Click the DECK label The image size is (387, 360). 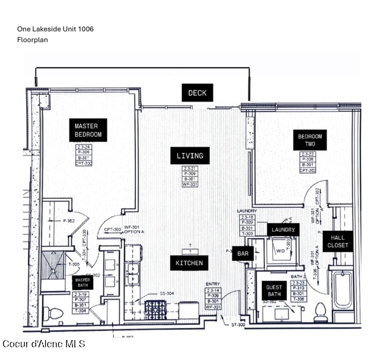tap(197, 92)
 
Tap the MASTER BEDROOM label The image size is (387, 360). tap(88, 130)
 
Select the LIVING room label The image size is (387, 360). tap(190, 156)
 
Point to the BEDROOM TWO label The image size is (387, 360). tap(310, 141)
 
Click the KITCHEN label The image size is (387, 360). tap(189, 263)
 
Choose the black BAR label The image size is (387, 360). tap(242, 254)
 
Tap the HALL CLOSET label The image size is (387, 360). tap(338, 242)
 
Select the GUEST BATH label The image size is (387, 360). tap(274, 291)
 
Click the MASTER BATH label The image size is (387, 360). tap(82, 283)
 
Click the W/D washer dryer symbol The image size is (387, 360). tap(280, 249)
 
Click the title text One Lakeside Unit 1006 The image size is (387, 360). tap(55, 28)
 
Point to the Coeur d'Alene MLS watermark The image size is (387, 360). tap(44, 344)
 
